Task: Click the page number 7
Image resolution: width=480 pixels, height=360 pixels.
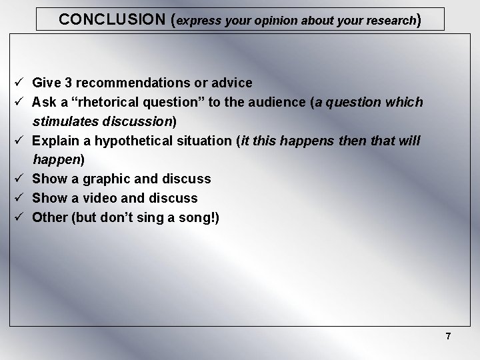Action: point(448,337)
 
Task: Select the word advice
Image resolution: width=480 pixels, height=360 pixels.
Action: point(233,83)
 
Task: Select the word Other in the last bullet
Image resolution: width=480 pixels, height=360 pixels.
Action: point(49,217)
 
